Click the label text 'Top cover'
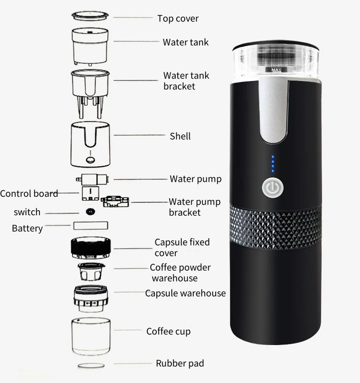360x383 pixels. (x=178, y=18)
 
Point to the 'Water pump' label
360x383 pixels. (x=195, y=179)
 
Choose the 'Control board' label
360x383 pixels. (x=29, y=193)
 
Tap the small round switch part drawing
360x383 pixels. (x=90, y=211)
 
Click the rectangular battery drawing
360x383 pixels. (x=90, y=225)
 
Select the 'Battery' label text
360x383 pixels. (x=27, y=228)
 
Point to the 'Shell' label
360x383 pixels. (x=180, y=136)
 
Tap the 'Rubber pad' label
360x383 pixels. (x=180, y=363)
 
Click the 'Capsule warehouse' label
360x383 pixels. (x=185, y=293)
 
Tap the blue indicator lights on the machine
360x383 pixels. (x=272, y=164)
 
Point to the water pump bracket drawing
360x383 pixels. (x=114, y=201)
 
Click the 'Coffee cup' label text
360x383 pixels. (x=168, y=331)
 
